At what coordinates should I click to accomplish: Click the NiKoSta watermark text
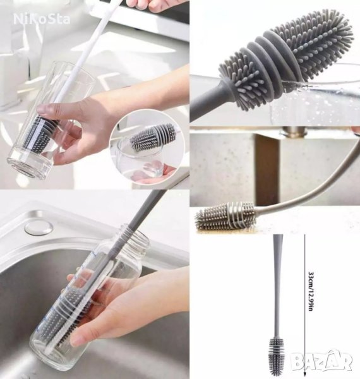coord(42,19)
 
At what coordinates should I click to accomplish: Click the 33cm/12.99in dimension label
coord(311,291)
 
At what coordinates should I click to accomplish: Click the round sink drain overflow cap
coord(39,228)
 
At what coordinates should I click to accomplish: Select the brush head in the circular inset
coord(153,138)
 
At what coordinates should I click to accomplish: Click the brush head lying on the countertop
coord(225,216)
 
